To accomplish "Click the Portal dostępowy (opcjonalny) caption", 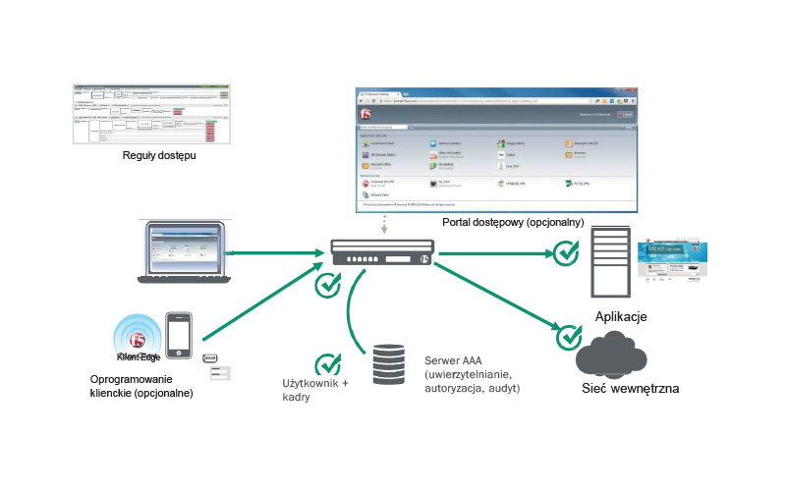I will (x=513, y=223).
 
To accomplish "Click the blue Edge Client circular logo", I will (x=138, y=340).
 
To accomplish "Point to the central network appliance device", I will (x=379, y=254).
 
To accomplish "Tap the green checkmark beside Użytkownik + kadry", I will (x=328, y=365).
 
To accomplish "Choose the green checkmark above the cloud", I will (x=569, y=336).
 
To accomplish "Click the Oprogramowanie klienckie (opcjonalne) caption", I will (x=141, y=386).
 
